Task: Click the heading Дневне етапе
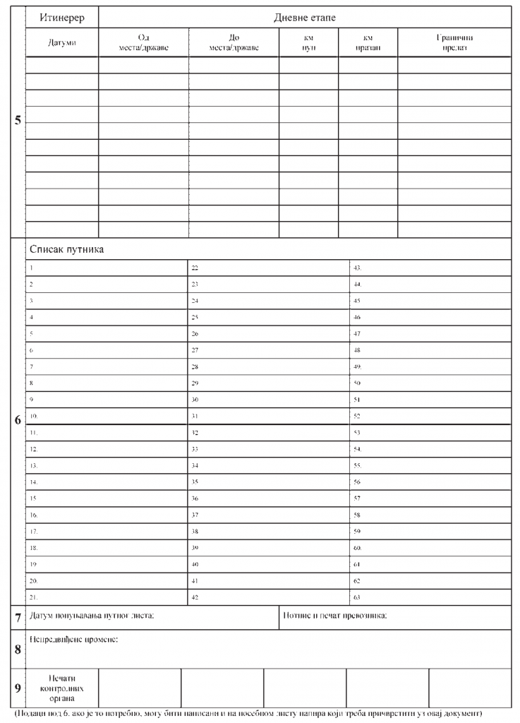coord(305,17)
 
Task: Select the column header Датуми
coord(61,42)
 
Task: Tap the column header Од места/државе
coord(144,42)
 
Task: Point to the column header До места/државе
coord(234,42)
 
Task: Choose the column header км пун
coord(308,42)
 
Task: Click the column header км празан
coord(368,42)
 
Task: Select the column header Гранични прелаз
coord(454,42)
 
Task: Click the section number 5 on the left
coord(17,120)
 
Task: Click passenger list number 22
coord(195,268)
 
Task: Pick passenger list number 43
coord(357,268)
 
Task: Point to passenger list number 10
coord(34,416)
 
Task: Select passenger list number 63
coord(357,597)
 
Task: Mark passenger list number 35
coord(195,482)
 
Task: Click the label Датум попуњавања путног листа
coord(92,616)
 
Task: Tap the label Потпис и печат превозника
coord(334,616)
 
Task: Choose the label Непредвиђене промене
coord(73,640)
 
